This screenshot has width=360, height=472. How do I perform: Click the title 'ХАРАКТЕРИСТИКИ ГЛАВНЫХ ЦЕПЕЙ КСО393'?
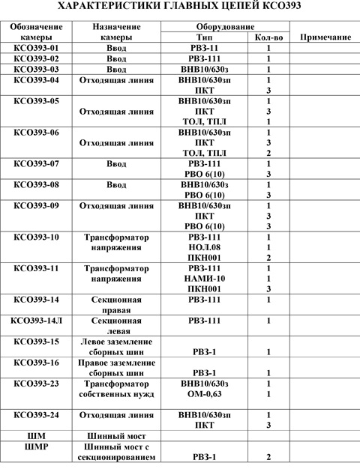180,7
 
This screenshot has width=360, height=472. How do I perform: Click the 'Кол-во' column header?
268,36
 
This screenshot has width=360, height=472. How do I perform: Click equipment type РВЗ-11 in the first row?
203,47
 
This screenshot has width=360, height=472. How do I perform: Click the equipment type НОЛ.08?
203,247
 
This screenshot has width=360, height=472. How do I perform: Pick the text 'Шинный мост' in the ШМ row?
112,435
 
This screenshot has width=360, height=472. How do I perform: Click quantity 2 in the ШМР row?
268,456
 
